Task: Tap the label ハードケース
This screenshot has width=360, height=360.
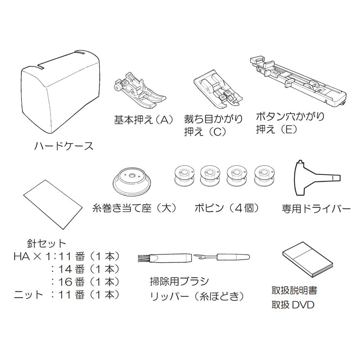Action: pyautogui.click(x=64, y=146)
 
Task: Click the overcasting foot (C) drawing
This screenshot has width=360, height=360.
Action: pyautogui.click(x=218, y=89)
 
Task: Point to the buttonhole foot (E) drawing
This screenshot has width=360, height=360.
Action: pyautogui.click(x=298, y=81)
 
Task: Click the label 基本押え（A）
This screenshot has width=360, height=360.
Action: pyautogui.click(x=143, y=120)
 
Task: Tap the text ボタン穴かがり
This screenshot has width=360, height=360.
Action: pyautogui.click(x=290, y=117)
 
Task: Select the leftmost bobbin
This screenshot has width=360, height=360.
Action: pyautogui.click(x=184, y=176)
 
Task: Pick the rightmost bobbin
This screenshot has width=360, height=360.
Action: pyautogui.click(x=264, y=176)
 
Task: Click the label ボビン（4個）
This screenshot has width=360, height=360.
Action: pyautogui.click(x=227, y=208)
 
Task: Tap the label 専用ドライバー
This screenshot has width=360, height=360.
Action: pyautogui.click(x=316, y=209)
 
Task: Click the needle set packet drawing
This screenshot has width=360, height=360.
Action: pyautogui.click(x=53, y=204)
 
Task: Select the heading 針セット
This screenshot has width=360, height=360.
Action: pyautogui.click(x=46, y=243)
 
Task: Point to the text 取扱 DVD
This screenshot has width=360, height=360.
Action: pyautogui.click(x=293, y=305)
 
